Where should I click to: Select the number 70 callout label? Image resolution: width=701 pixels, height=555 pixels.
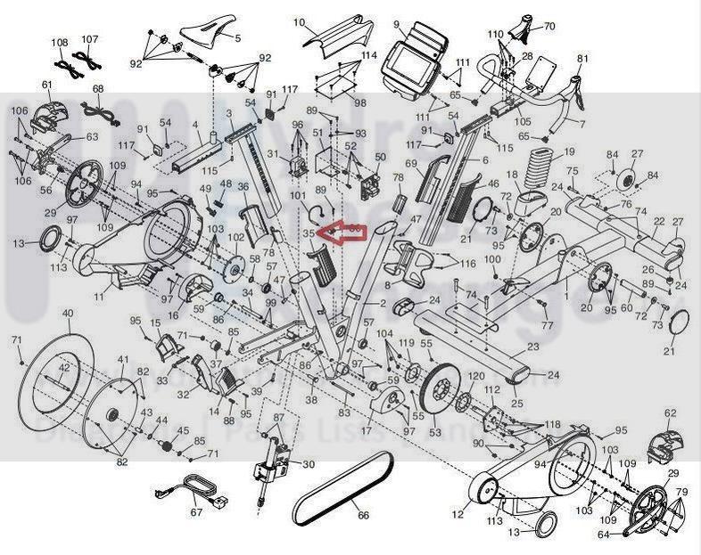pos(548,27)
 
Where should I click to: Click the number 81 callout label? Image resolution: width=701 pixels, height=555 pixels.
pos(583,59)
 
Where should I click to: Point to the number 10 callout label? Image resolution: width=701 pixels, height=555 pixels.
pos(299,22)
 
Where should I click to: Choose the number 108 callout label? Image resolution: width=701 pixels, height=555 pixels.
pos(59,42)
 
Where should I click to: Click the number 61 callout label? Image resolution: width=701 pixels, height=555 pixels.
pos(47,85)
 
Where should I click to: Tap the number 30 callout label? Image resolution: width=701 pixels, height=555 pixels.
pos(309,464)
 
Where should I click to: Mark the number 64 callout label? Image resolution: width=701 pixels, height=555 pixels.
pos(603,535)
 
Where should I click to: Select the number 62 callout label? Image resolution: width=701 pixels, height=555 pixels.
pos(671,413)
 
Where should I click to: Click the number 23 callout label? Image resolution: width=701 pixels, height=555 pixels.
pos(533,347)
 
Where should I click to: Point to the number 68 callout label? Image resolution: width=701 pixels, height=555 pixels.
pos(97,89)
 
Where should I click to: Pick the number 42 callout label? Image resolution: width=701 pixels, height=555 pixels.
pos(63,366)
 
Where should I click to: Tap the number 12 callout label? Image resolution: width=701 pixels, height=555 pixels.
pos(458,516)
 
